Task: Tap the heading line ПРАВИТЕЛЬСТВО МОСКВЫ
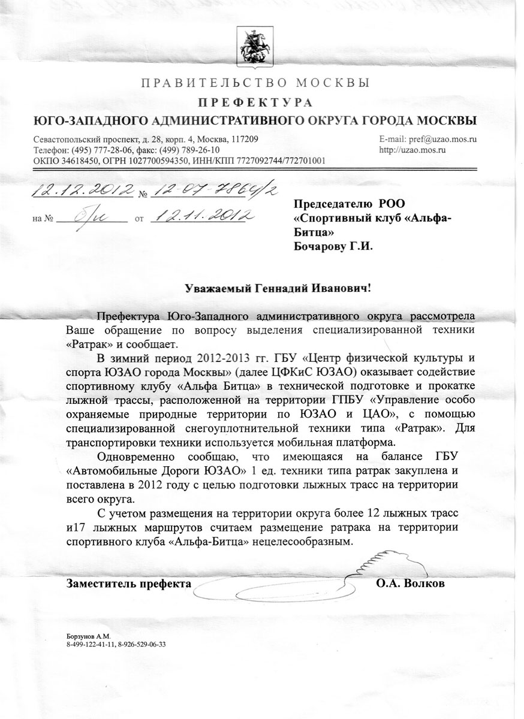(255, 82)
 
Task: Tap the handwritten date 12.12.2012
(83, 191)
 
